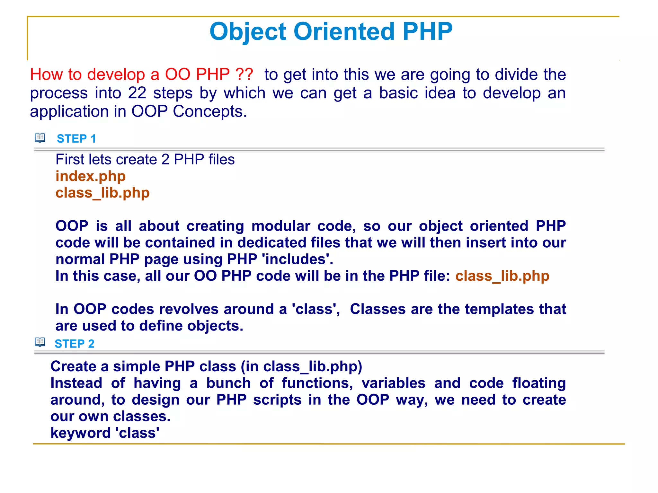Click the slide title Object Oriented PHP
click(x=331, y=31)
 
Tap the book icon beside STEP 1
click(x=40, y=138)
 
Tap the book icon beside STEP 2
click(x=40, y=342)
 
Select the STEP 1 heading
click(x=76, y=139)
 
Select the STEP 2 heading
click(x=75, y=344)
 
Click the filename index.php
click(x=91, y=176)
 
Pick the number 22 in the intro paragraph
click(x=137, y=93)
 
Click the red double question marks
click(x=244, y=75)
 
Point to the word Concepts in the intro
click(x=209, y=112)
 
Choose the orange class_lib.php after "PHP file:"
click(x=502, y=276)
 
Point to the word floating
click(x=539, y=383)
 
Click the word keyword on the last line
click(x=81, y=433)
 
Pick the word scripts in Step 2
click(x=277, y=400)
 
